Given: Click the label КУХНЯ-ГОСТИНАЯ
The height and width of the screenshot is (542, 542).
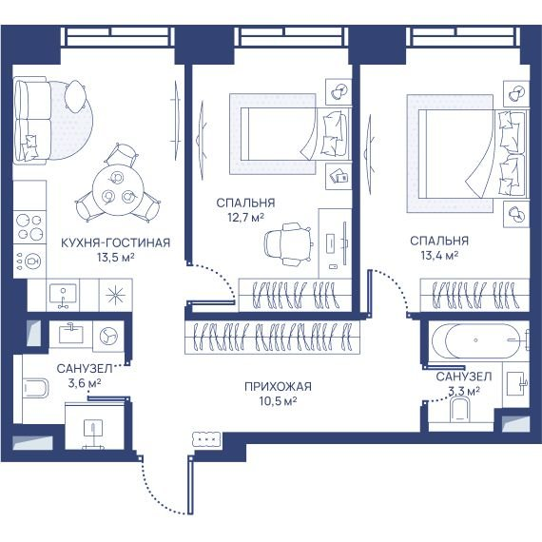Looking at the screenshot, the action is [x=115, y=242].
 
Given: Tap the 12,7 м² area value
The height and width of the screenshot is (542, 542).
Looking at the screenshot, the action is [x=245, y=218].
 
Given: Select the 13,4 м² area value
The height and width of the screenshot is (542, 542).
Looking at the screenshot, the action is [x=439, y=256].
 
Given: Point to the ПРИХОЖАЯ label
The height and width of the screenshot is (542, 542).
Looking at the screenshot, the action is [x=278, y=386].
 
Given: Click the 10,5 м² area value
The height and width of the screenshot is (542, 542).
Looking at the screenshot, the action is [x=278, y=401].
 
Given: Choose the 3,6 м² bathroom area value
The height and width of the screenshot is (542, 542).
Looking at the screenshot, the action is [x=85, y=383].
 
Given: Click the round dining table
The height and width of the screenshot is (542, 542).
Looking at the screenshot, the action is [x=118, y=190].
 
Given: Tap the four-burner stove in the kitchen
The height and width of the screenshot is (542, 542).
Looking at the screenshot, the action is [x=29, y=227].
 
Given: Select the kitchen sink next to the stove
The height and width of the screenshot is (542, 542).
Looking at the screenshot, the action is [x=63, y=295].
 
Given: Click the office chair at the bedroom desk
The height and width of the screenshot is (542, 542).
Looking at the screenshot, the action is [x=287, y=244].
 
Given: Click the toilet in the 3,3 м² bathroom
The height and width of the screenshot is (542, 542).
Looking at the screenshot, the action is [x=460, y=409].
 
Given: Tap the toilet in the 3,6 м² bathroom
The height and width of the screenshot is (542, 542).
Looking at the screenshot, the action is [x=35, y=388].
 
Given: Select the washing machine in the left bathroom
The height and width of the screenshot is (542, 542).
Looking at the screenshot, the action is [x=108, y=336].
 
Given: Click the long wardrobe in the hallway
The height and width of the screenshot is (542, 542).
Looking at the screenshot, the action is [x=272, y=338].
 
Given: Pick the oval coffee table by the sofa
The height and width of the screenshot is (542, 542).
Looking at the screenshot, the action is [x=75, y=96].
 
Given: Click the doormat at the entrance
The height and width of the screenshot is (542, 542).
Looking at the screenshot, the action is [x=206, y=439].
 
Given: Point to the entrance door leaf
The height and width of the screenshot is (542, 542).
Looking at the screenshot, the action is [x=190, y=485].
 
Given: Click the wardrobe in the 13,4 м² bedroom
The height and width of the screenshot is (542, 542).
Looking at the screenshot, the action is [x=474, y=295].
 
